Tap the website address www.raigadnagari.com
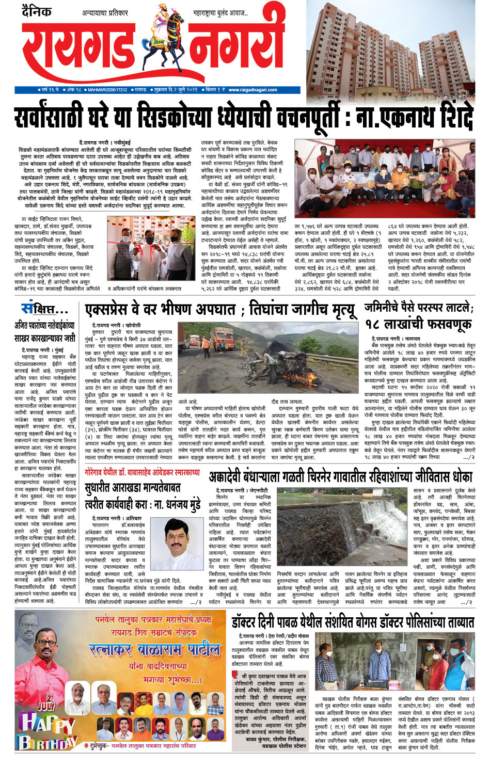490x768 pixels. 252,90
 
